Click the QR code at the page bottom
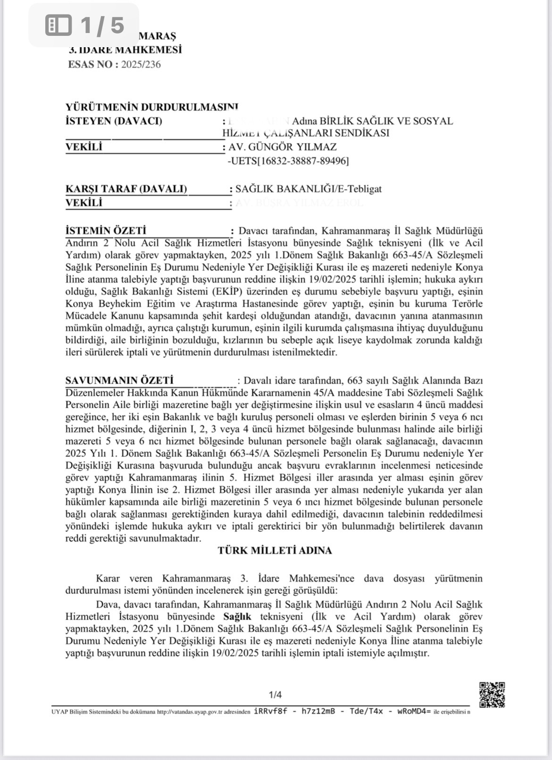(x=492, y=694)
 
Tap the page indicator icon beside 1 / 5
(x=59, y=25)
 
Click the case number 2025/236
(x=141, y=65)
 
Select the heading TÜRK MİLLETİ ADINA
(x=275, y=551)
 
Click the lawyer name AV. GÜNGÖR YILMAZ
(x=282, y=147)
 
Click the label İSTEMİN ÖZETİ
(x=106, y=231)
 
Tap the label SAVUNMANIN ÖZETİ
(x=119, y=380)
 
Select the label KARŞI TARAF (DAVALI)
(x=126, y=189)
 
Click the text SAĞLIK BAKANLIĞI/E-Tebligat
(x=309, y=189)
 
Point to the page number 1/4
(x=275, y=694)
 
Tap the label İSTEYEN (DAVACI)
(x=113, y=121)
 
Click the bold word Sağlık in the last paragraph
(x=237, y=617)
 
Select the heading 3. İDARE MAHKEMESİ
(x=125, y=50)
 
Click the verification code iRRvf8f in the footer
(x=270, y=711)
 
